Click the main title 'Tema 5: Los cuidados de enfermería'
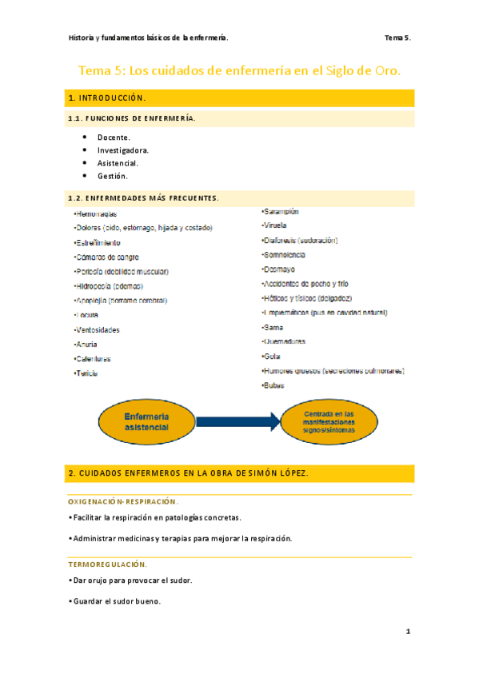[x=239, y=71]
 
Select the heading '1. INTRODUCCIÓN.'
[x=108, y=98]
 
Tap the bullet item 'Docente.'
[x=114, y=138]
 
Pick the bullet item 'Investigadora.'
[x=123, y=150]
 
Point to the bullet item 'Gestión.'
[x=113, y=176]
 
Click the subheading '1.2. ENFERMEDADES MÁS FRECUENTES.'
[x=143, y=197]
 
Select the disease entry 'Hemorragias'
[x=96, y=214]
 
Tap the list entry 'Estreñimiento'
[x=98, y=242]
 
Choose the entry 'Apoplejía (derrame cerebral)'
[x=121, y=301]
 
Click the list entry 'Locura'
[x=86, y=315]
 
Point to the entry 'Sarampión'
[x=281, y=211]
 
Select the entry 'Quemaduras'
[x=284, y=341]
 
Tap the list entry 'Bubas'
[x=273, y=385]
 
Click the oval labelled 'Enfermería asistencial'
[x=146, y=421]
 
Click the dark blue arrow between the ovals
[x=238, y=421]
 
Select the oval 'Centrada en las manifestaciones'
[x=329, y=421]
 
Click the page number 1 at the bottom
[x=408, y=632]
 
